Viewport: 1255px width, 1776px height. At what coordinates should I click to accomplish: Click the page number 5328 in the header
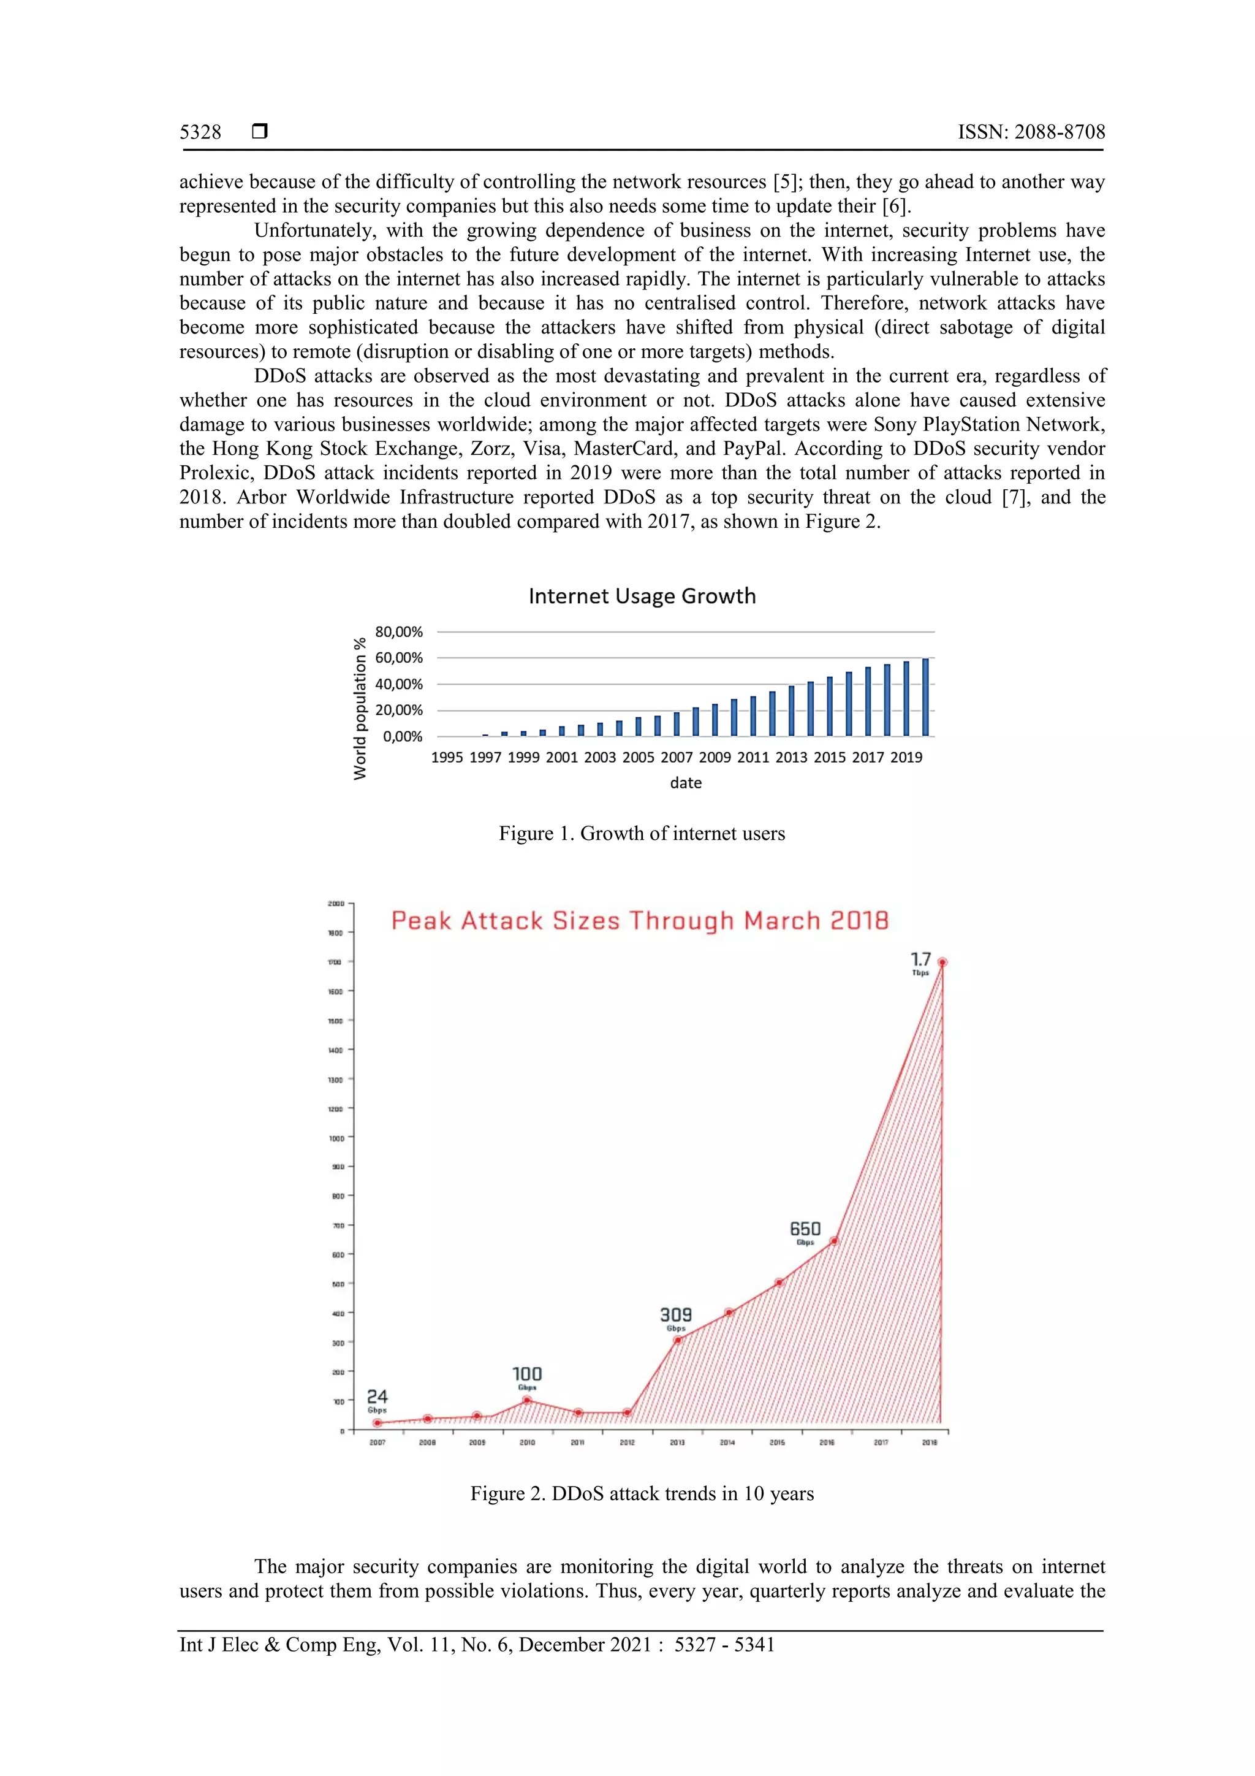point(200,132)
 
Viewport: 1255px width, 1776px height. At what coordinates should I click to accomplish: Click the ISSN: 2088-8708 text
point(1031,132)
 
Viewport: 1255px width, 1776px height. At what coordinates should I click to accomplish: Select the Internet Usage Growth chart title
point(642,596)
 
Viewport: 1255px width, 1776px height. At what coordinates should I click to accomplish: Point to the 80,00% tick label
point(399,632)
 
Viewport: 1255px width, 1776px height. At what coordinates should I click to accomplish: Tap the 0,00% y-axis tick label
point(403,736)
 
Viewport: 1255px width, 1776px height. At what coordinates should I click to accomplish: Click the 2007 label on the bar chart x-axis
point(677,757)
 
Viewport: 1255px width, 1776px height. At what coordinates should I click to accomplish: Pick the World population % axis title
point(360,709)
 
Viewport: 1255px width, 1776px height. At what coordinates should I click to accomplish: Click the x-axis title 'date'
point(685,783)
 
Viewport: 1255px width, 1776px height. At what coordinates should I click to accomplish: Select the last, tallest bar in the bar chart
point(925,697)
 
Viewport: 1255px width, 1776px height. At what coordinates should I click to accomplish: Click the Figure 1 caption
point(642,833)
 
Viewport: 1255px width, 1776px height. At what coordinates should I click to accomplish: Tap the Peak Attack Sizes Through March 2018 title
point(640,920)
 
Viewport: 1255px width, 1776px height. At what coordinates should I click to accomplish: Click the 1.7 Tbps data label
point(920,963)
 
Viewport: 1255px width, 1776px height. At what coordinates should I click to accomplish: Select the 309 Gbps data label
point(676,1317)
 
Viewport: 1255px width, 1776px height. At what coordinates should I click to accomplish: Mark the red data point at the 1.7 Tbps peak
point(942,962)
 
